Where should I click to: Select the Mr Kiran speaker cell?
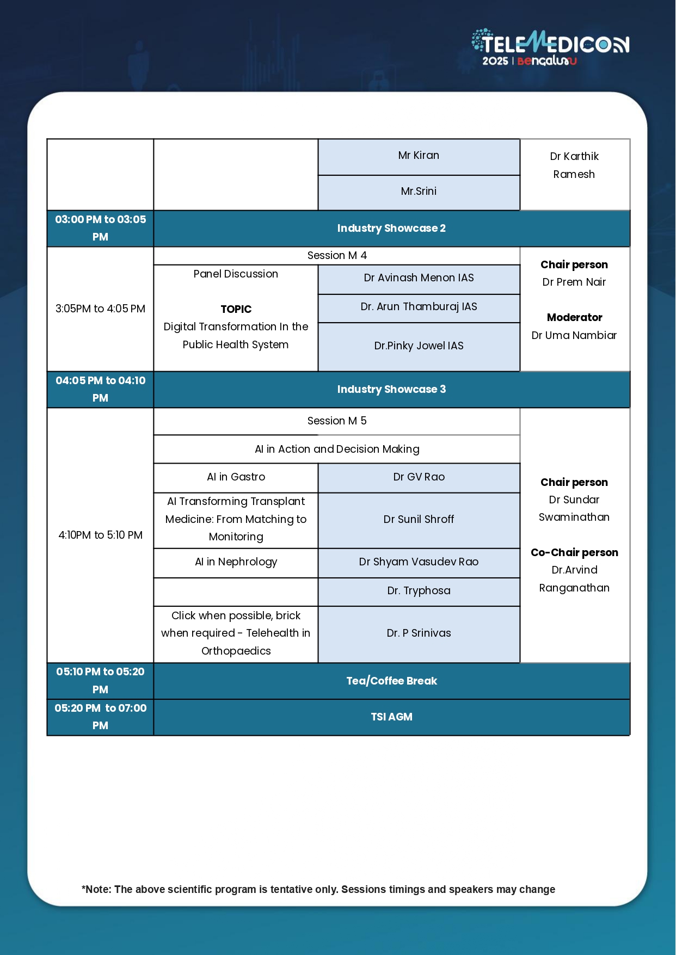pos(419,156)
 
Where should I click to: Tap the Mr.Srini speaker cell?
pos(419,192)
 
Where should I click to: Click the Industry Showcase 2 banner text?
pos(391,229)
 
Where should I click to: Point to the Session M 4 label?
pos(337,256)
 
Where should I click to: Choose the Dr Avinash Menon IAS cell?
pos(419,278)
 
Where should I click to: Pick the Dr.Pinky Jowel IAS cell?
pos(419,346)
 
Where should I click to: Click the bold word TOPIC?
pos(236,310)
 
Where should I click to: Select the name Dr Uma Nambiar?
pos(574,336)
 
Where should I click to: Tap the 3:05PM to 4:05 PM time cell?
pos(100,309)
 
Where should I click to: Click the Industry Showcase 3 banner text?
pos(391,390)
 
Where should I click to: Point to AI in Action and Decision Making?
pos(337,449)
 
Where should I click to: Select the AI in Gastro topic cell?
pos(236,477)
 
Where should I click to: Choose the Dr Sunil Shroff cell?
pos(419,520)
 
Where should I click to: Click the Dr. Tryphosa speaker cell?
pos(419,591)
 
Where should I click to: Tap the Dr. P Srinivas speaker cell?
pos(419,633)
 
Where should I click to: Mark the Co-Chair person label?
pos(574,553)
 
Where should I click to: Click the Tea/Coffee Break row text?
pos(391,681)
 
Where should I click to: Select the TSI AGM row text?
pos(391,717)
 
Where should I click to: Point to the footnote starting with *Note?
pos(318,890)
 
